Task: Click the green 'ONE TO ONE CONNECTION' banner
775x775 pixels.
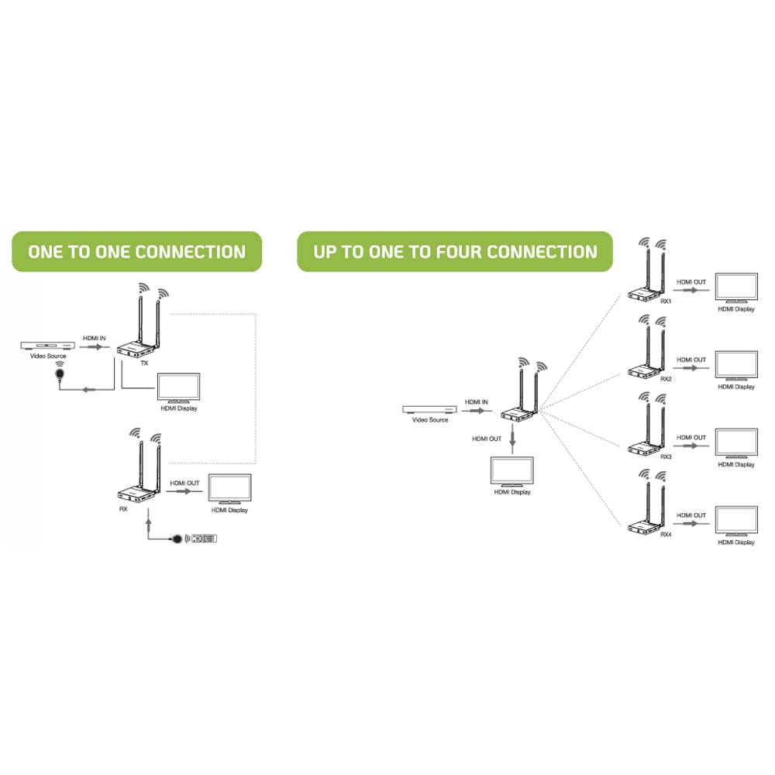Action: [137, 252]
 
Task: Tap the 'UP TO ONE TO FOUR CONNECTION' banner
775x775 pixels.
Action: [455, 252]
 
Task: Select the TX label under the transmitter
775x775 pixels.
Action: [144, 363]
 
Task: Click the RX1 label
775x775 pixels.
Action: [666, 301]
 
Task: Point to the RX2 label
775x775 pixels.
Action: [666, 379]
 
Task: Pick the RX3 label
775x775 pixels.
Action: [666, 456]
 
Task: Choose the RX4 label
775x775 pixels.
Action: [666, 535]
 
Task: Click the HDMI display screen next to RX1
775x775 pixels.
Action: [736, 288]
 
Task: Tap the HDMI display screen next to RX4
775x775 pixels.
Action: [736, 521]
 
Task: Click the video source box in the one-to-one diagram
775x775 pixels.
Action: [47, 346]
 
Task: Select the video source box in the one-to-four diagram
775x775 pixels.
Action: [429, 410]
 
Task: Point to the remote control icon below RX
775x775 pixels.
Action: [204, 539]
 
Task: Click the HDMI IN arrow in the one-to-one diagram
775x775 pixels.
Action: [95, 347]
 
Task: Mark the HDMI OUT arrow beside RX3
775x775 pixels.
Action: [691, 446]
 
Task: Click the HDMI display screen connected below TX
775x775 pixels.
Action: [178, 388]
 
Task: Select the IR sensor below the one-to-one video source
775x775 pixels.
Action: [60, 374]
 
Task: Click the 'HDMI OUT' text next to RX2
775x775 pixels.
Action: [691, 360]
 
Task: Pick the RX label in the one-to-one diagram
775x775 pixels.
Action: [123, 509]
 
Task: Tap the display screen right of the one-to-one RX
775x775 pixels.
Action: [229, 489]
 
